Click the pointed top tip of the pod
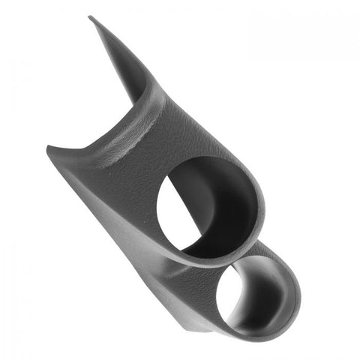pos(90,17)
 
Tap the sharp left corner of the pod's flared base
pos(48,147)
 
